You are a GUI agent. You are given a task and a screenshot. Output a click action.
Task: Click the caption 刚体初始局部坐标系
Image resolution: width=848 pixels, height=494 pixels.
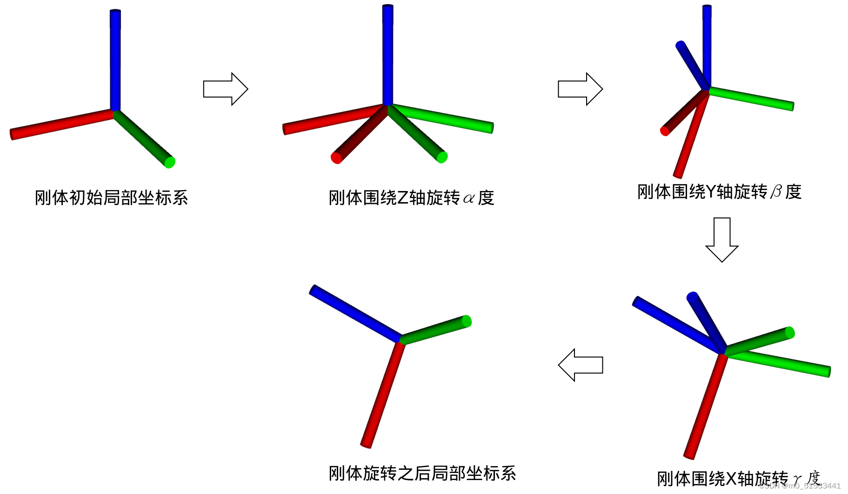pos(111,198)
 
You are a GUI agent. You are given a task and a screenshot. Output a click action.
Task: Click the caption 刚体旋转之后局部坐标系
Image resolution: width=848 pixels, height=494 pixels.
pos(422,474)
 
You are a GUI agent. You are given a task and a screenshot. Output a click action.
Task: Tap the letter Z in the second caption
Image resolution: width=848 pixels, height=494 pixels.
pos(403,198)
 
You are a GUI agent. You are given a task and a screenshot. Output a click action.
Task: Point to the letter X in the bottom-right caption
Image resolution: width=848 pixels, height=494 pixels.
pos(731,479)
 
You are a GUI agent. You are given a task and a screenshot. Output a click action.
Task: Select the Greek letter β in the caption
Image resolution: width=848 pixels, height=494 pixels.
pos(776,192)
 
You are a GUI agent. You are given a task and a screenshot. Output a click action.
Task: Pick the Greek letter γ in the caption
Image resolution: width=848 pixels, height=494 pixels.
pos(797,479)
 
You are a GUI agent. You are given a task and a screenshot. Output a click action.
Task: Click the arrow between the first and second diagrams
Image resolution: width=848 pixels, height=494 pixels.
pos(226,89)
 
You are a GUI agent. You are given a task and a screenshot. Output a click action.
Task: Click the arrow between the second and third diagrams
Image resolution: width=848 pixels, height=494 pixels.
pos(580,89)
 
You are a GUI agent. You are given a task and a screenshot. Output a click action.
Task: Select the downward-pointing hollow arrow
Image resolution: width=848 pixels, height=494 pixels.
pos(722,239)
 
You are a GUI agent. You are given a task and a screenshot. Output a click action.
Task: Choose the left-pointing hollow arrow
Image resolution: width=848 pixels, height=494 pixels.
pos(581,365)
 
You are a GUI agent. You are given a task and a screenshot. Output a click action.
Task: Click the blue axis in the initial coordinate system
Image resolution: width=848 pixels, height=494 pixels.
pos(115,60)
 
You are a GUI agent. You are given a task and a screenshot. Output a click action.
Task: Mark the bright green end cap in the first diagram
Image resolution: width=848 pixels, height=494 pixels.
pos(170,162)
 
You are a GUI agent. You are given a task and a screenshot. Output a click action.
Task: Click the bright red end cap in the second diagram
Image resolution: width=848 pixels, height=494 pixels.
pos(336,158)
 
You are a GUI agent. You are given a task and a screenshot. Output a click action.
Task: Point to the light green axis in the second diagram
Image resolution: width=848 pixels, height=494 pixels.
pos(442,118)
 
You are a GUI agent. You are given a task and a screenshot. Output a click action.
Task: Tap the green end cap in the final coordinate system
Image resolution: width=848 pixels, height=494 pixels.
pos(467,321)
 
